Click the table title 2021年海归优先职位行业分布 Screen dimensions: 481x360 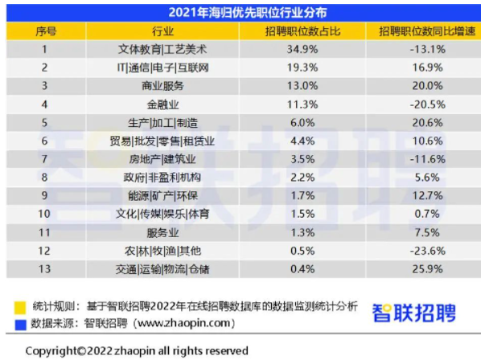pyautogui.click(x=248, y=13)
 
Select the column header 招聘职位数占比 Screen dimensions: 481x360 pyautogui.click(x=302, y=31)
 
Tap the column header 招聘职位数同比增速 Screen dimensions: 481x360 pyautogui.click(x=427, y=31)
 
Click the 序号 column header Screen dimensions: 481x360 pyautogui.click(x=46, y=31)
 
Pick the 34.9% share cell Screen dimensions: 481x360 pyautogui.click(x=302, y=49)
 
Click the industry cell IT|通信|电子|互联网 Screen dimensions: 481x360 pyautogui.click(x=163, y=67)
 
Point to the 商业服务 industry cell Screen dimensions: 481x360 pyautogui.click(x=163, y=86)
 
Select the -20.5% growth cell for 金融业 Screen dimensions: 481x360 pyautogui.click(x=428, y=104)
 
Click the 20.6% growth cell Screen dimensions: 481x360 pyautogui.click(x=428, y=123)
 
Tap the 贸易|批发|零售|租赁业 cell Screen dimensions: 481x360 pyautogui.click(x=162, y=141)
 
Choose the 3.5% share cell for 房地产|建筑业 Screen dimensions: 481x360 pyautogui.click(x=302, y=159)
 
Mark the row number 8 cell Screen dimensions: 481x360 pyautogui.click(x=44, y=178)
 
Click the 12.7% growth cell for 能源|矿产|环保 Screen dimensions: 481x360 pyautogui.click(x=428, y=195)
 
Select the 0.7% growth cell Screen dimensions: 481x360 pyautogui.click(x=427, y=214)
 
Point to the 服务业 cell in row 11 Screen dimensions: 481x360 pyautogui.click(x=163, y=233)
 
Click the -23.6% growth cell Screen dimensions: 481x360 pyautogui.click(x=428, y=251)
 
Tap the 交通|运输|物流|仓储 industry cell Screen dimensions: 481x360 pyautogui.click(x=162, y=269)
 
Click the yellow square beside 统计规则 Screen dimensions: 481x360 pyautogui.click(x=20, y=308)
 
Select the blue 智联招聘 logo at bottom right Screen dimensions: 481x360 pyautogui.click(x=414, y=313)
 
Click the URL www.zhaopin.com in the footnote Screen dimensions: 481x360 pyautogui.click(x=183, y=323)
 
